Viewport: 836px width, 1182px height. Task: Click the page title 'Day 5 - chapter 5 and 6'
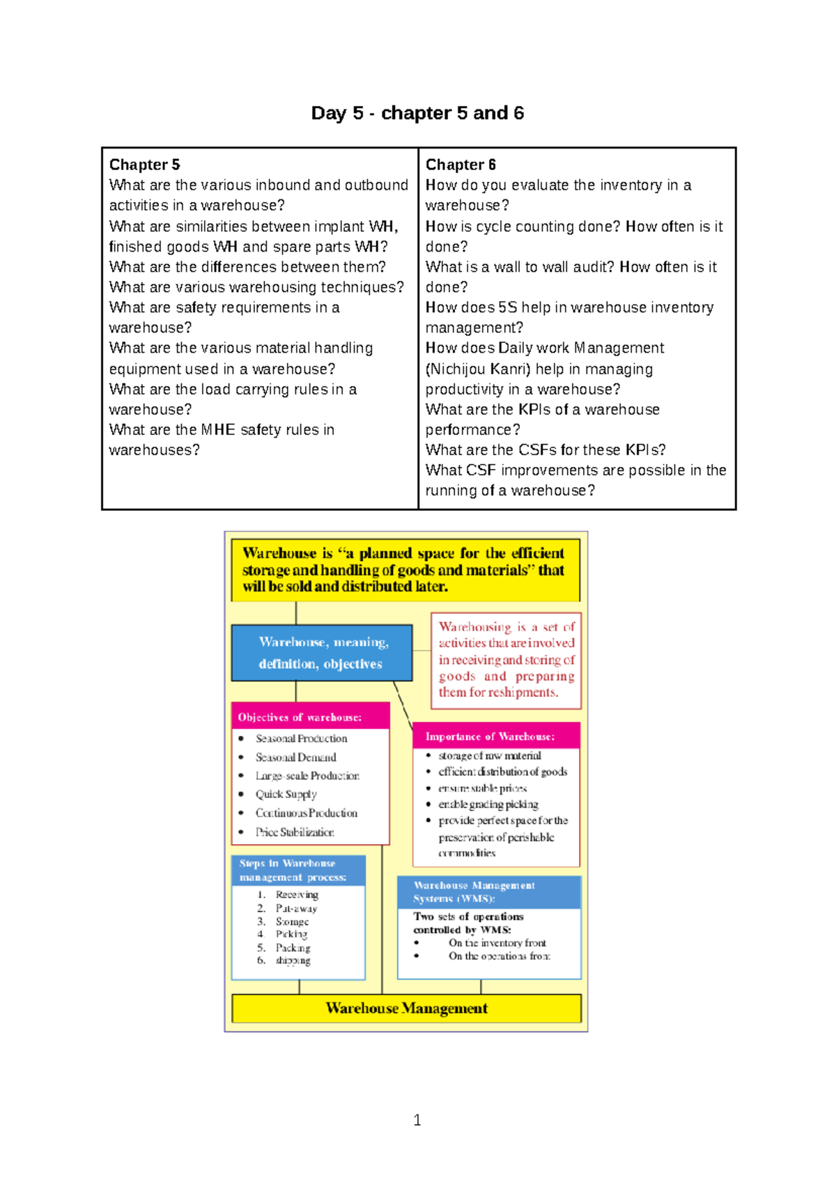(x=417, y=113)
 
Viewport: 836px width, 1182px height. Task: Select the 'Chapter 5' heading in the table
(x=144, y=165)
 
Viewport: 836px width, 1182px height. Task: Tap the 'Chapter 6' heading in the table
(x=460, y=165)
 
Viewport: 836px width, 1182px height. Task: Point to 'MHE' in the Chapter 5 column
(x=218, y=430)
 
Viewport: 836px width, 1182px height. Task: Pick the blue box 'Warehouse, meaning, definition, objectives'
(x=321, y=653)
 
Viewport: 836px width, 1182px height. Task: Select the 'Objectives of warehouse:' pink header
(x=300, y=717)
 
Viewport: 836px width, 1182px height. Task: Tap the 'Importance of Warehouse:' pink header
(x=490, y=737)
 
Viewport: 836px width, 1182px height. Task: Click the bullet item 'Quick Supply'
(x=286, y=795)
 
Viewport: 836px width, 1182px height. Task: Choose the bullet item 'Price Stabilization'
(x=294, y=832)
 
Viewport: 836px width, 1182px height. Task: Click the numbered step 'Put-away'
(x=296, y=909)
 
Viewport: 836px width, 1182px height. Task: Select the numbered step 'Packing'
(x=293, y=948)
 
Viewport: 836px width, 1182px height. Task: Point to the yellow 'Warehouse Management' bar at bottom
(x=406, y=1008)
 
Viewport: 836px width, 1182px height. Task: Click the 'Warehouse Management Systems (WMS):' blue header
(x=474, y=892)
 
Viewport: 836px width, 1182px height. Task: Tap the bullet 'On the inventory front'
(x=497, y=943)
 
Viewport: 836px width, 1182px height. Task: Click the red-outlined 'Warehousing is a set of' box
(x=506, y=660)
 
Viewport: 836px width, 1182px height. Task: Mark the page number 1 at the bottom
(x=417, y=1121)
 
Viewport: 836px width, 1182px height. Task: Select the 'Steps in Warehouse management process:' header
(x=293, y=870)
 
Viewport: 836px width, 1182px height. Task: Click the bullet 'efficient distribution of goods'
(x=502, y=772)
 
